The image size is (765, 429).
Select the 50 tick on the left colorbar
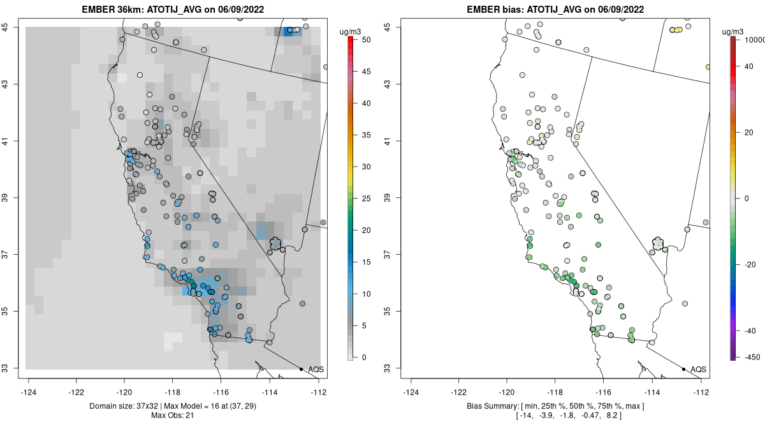click(x=365, y=40)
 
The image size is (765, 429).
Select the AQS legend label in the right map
click(x=699, y=370)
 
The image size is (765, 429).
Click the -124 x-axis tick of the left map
click(x=29, y=392)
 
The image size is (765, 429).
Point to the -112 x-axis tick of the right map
click(x=701, y=392)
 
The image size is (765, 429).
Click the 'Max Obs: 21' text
click(x=172, y=416)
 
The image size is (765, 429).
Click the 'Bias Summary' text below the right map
click(x=494, y=407)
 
